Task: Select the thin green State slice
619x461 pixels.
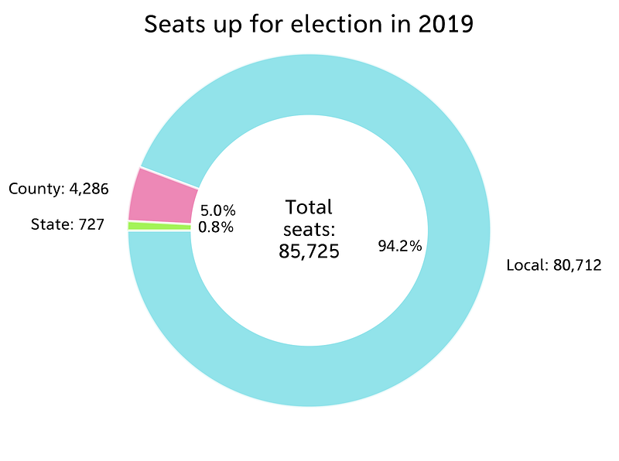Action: coord(159,226)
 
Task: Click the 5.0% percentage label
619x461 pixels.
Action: coord(217,210)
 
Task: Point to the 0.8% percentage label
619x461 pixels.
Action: coord(216,227)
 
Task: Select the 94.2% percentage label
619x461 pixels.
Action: coord(399,247)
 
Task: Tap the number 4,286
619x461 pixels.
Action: coord(86,189)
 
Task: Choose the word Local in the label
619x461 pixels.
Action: coord(525,265)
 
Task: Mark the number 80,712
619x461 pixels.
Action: coord(576,265)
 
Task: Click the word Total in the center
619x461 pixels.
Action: coord(309,207)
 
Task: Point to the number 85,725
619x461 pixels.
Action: coord(309,251)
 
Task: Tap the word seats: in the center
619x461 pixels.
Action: coord(309,229)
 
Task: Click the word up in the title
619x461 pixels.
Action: coord(227,26)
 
